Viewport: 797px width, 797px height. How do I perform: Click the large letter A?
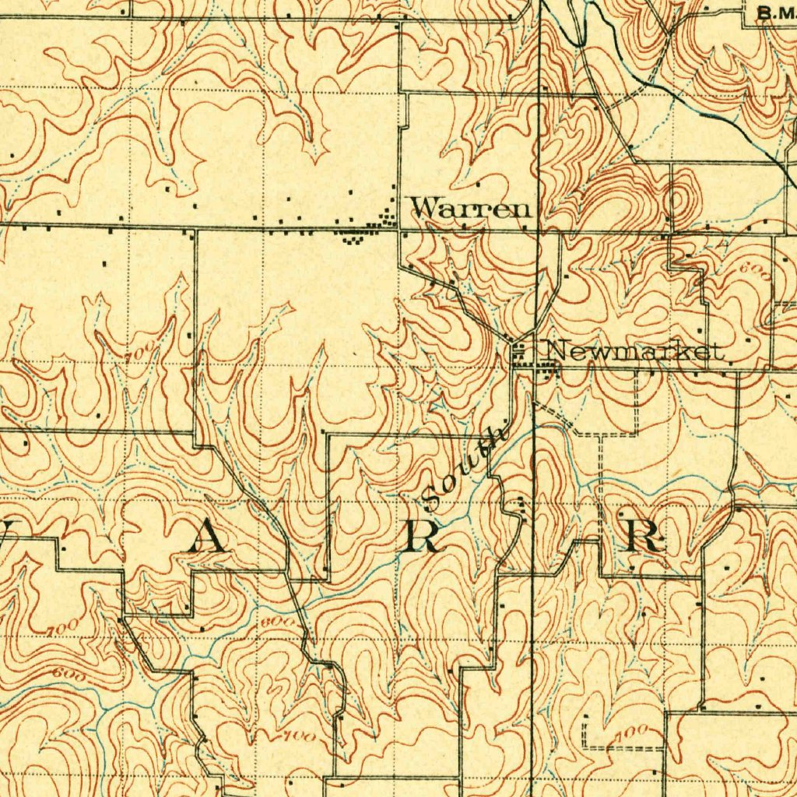coord(209,536)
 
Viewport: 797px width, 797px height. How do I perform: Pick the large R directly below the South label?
coord(423,536)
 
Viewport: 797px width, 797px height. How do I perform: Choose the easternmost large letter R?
coord(646,535)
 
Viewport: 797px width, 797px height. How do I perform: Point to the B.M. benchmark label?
coord(775,12)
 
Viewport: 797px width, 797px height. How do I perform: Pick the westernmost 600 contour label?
coord(67,671)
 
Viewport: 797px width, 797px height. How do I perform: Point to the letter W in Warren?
coord(426,208)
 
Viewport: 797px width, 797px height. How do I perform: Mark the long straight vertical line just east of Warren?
coord(538,156)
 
